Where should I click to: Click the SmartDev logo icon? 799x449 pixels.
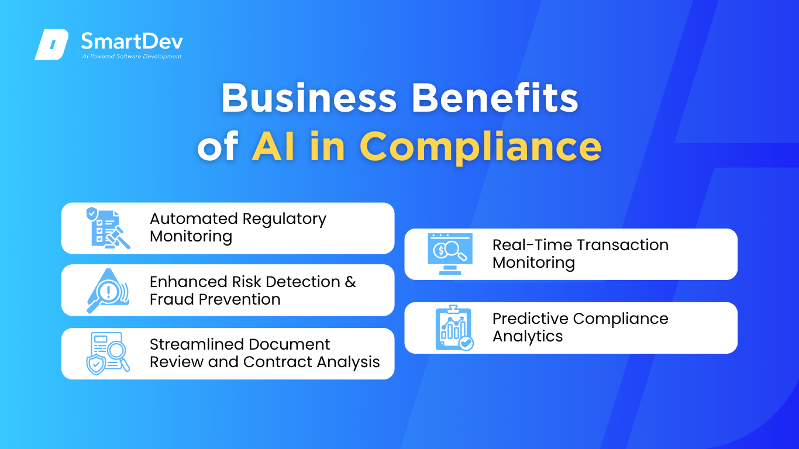click(x=51, y=44)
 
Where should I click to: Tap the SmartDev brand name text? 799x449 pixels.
click(x=132, y=41)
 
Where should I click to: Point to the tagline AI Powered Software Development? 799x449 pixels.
click(x=132, y=56)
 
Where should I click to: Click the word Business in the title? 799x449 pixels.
click(x=309, y=98)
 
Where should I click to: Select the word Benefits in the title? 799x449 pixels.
click(x=495, y=98)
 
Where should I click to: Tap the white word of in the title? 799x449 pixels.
click(x=218, y=146)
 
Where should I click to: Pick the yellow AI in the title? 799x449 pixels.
click(x=273, y=146)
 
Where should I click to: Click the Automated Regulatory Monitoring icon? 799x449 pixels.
click(x=108, y=228)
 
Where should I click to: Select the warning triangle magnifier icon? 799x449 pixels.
click(x=108, y=291)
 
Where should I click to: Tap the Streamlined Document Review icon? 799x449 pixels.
click(x=108, y=354)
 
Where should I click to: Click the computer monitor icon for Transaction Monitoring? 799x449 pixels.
click(x=450, y=254)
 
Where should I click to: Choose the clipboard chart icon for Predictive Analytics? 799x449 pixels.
click(x=454, y=328)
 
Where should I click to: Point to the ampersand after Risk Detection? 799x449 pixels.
click(x=350, y=282)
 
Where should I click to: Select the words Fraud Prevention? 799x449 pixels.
click(x=215, y=299)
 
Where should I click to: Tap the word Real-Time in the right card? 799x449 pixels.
click(x=532, y=245)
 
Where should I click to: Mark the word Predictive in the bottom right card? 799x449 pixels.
click(x=531, y=319)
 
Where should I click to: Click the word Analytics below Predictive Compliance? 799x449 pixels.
click(x=528, y=337)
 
